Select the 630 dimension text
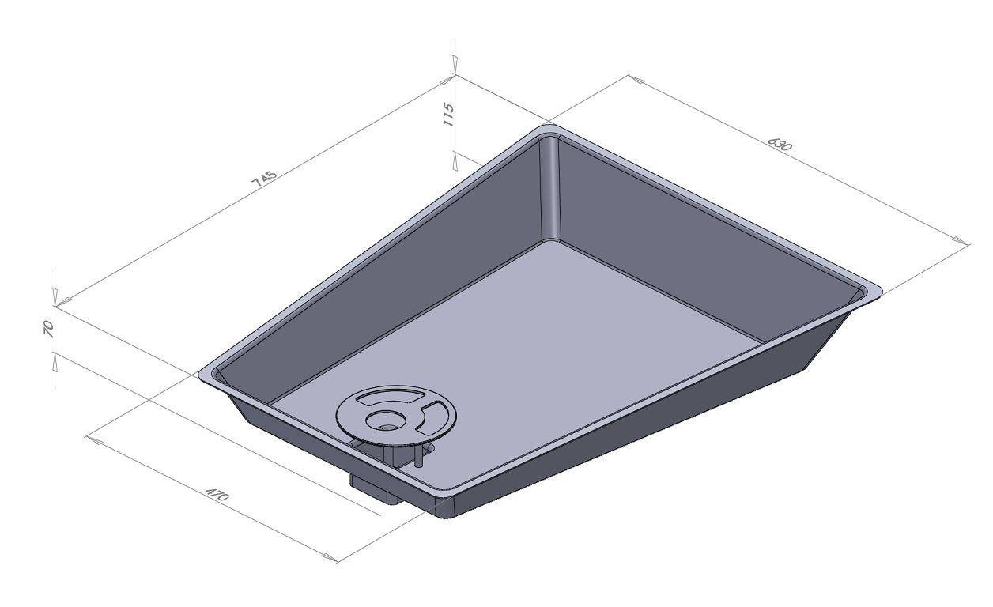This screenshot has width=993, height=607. (x=779, y=144)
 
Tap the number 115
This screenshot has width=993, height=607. (x=448, y=115)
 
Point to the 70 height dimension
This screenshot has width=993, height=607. (x=48, y=330)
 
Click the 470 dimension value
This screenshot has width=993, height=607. (x=217, y=494)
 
